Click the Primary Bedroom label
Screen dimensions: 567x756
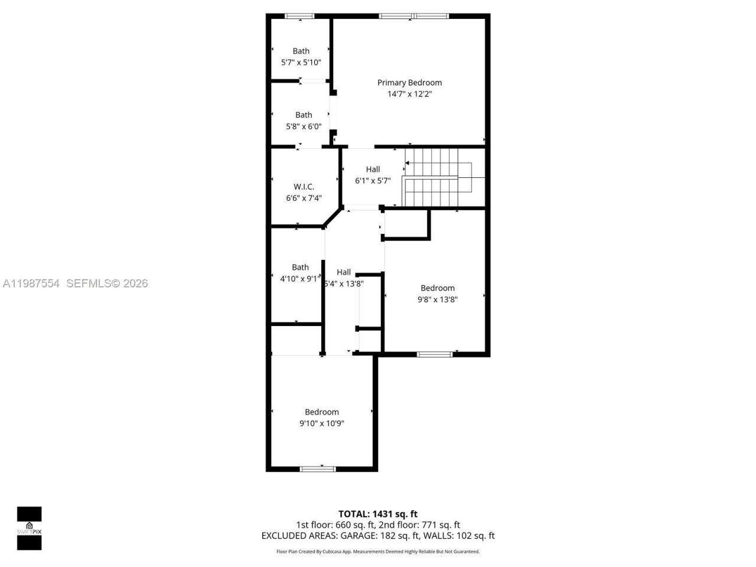pos(409,83)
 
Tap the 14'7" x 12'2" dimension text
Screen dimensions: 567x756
pos(409,94)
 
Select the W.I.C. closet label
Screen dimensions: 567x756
pos(304,187)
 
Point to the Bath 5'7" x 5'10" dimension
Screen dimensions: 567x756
pos(301,62)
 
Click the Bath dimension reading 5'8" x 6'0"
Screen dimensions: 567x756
pos(304,126)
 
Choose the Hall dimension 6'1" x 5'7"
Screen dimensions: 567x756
pos(373,181)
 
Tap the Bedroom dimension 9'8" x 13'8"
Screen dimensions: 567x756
pos(438,299)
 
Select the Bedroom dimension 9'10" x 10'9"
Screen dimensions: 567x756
pos(322,423)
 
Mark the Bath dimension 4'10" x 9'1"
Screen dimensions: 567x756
pos(299,279)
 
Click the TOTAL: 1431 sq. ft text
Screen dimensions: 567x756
pos(378,514)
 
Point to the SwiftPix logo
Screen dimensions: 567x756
pos(29,528)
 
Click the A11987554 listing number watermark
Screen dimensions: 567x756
pos(31,283)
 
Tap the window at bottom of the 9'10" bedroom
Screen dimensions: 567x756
pos(318,470)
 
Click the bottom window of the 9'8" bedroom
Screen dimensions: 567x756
pos(435,354)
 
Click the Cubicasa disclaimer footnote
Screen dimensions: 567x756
pos(378,552)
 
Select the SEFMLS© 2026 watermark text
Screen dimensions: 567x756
pos(107,283)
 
